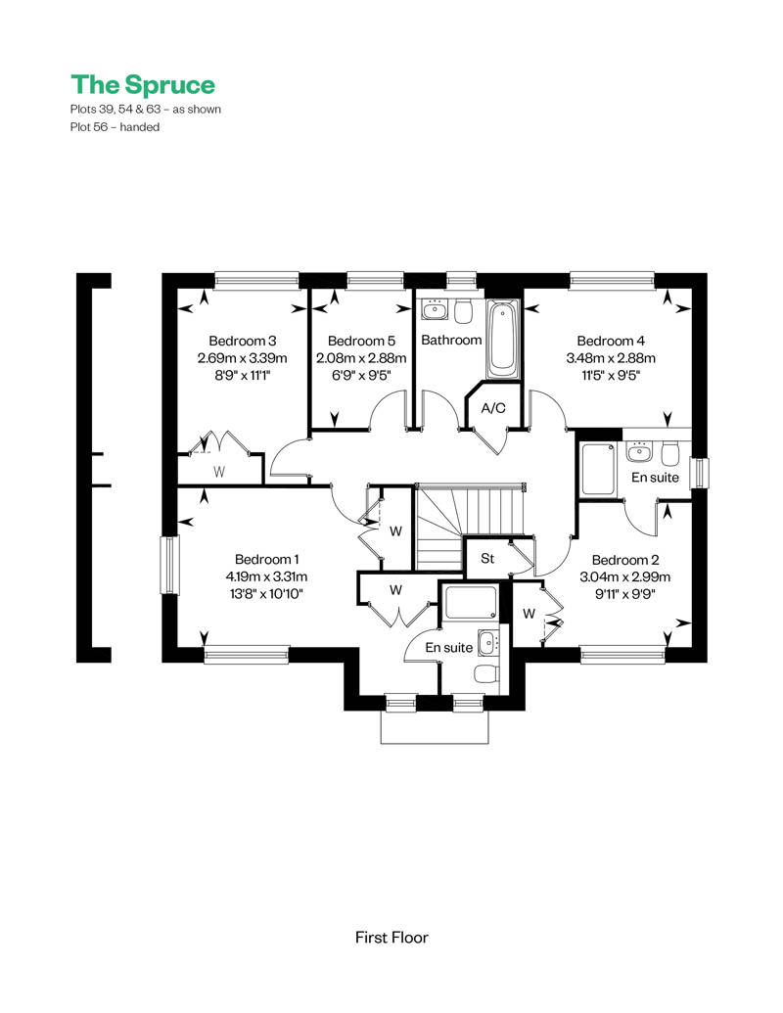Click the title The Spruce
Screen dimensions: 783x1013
pos(143,84)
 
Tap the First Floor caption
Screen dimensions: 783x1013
pos(391,937)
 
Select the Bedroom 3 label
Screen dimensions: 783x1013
pos(243,341)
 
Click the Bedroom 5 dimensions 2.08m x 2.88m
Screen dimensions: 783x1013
pos(361,358)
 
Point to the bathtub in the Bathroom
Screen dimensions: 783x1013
pos(502,340)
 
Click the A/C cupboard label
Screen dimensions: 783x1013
pos(493,408)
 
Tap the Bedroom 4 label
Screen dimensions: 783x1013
pos(611,341)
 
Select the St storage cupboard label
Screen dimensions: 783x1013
pos(487,558)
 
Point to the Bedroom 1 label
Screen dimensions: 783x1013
pos(267,559)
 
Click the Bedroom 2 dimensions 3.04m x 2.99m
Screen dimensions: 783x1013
pos(624,576)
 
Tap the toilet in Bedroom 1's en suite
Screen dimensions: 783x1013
pos(485,673)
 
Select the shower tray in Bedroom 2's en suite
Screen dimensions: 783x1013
pos(598,469)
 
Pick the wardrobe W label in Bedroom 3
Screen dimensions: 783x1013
pos(219,472)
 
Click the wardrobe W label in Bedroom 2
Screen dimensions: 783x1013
pos(529,613)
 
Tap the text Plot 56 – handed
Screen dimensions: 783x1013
pos(115,127)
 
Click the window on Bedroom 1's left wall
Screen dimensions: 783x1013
pos(169,566)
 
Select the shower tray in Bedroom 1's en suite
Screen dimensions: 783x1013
pos(471,602)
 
